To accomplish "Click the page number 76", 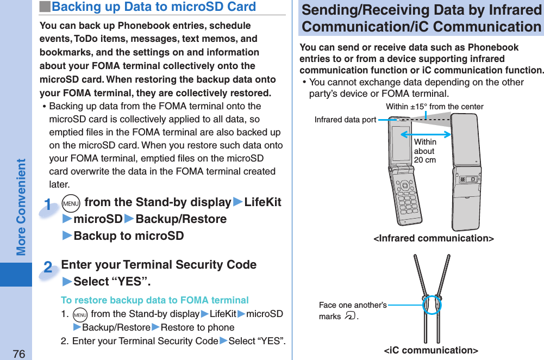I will click(19, 354).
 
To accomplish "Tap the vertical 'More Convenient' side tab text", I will click(21, 207).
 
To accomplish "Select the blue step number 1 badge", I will click(48, 206).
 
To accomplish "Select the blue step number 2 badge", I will click(48, 268).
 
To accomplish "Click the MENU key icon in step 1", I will click(71, 203).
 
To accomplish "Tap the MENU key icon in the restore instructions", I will click(79, 315).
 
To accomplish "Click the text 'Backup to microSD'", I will click(128, 236).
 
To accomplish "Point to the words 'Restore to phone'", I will click(197, 327).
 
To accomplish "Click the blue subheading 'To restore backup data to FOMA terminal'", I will click(155, 300).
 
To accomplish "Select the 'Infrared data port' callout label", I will click(345, 120).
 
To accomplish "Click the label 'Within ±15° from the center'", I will click(434, 107).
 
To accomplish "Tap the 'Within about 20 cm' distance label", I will click(425, 151).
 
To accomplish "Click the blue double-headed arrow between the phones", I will click(429, 134).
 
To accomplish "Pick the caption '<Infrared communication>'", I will click(433, 238).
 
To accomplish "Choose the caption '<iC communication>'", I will click(431, 350).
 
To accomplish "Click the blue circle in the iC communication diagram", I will click(432, 305).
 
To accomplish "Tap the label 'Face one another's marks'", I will click(352, 311).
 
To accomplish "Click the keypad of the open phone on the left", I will click(407, 199).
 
